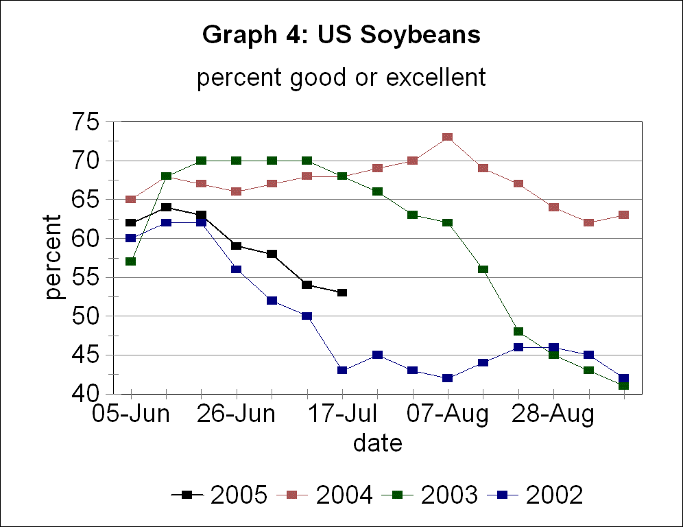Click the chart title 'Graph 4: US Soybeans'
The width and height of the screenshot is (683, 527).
point(341,36)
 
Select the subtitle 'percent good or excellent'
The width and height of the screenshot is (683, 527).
point(341,78)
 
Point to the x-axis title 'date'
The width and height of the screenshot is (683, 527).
point(377,444)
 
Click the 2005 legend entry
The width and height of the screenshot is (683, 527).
point(219,495)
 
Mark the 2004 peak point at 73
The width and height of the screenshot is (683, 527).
point(447,137)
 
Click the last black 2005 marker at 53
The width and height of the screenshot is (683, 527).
point(341,293)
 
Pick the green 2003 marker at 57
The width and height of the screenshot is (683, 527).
point(130,261)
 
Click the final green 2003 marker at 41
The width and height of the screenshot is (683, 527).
point(623,386)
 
